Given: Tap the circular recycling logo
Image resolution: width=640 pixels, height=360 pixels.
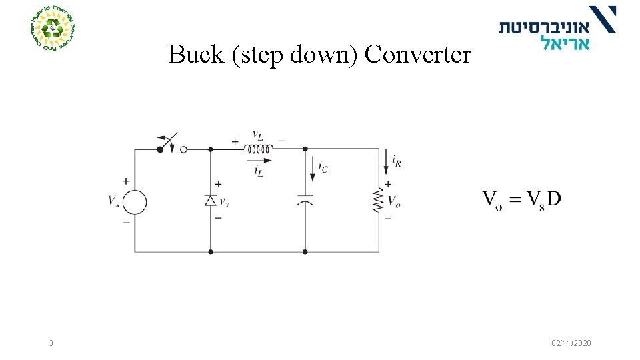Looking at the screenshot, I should click(x=53, y=29).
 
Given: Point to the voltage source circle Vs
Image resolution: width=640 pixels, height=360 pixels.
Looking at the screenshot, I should click(x=135, y=201).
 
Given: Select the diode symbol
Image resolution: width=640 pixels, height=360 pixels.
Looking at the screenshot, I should click(x=211, y=200).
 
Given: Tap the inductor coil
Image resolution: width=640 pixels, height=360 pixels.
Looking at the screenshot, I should click(x=259, y=149).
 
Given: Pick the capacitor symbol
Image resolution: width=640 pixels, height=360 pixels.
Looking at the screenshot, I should click(x=305, y=200).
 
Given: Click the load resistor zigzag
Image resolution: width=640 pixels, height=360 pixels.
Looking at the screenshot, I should click(x=379, y=201).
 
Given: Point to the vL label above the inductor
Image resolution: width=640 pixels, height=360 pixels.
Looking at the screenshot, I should click(x=257, y=135).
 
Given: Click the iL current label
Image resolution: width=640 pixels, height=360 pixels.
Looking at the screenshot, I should click(x=258, y=171).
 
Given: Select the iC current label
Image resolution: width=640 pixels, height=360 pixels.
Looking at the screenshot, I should click(x=323, y=167).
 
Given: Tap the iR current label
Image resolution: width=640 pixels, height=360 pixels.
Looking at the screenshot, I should click(x=397, y=160).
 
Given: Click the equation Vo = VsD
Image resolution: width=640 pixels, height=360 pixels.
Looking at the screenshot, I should click(x=521, y=199).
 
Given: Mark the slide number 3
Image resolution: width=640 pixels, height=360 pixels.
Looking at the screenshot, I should click(x=51, y=343).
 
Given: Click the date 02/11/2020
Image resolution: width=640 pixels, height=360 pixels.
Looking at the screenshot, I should click(x=571, y=343).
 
